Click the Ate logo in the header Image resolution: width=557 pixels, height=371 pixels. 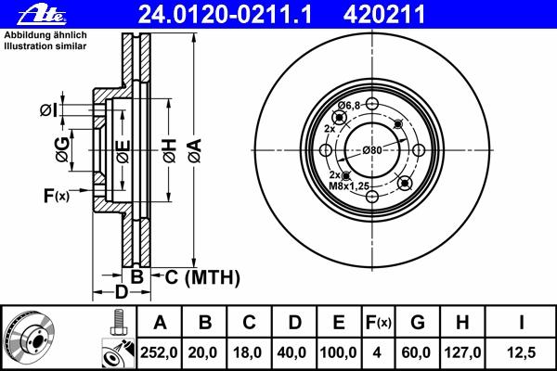point(42,15)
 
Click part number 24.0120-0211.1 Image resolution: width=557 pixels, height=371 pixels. point(225,15)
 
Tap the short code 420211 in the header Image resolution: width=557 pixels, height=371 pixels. point(384,15)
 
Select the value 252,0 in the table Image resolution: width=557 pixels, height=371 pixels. point(159,352)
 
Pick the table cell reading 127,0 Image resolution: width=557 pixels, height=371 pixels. point(462,352)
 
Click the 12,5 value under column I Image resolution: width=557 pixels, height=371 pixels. point(522,352)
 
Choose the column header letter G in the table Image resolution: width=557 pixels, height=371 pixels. point(418,323)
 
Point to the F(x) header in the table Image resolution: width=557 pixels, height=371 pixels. point(379,323)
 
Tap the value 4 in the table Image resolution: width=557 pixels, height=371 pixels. point(377,352)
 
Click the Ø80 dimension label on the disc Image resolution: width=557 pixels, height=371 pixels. point(372,150)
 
